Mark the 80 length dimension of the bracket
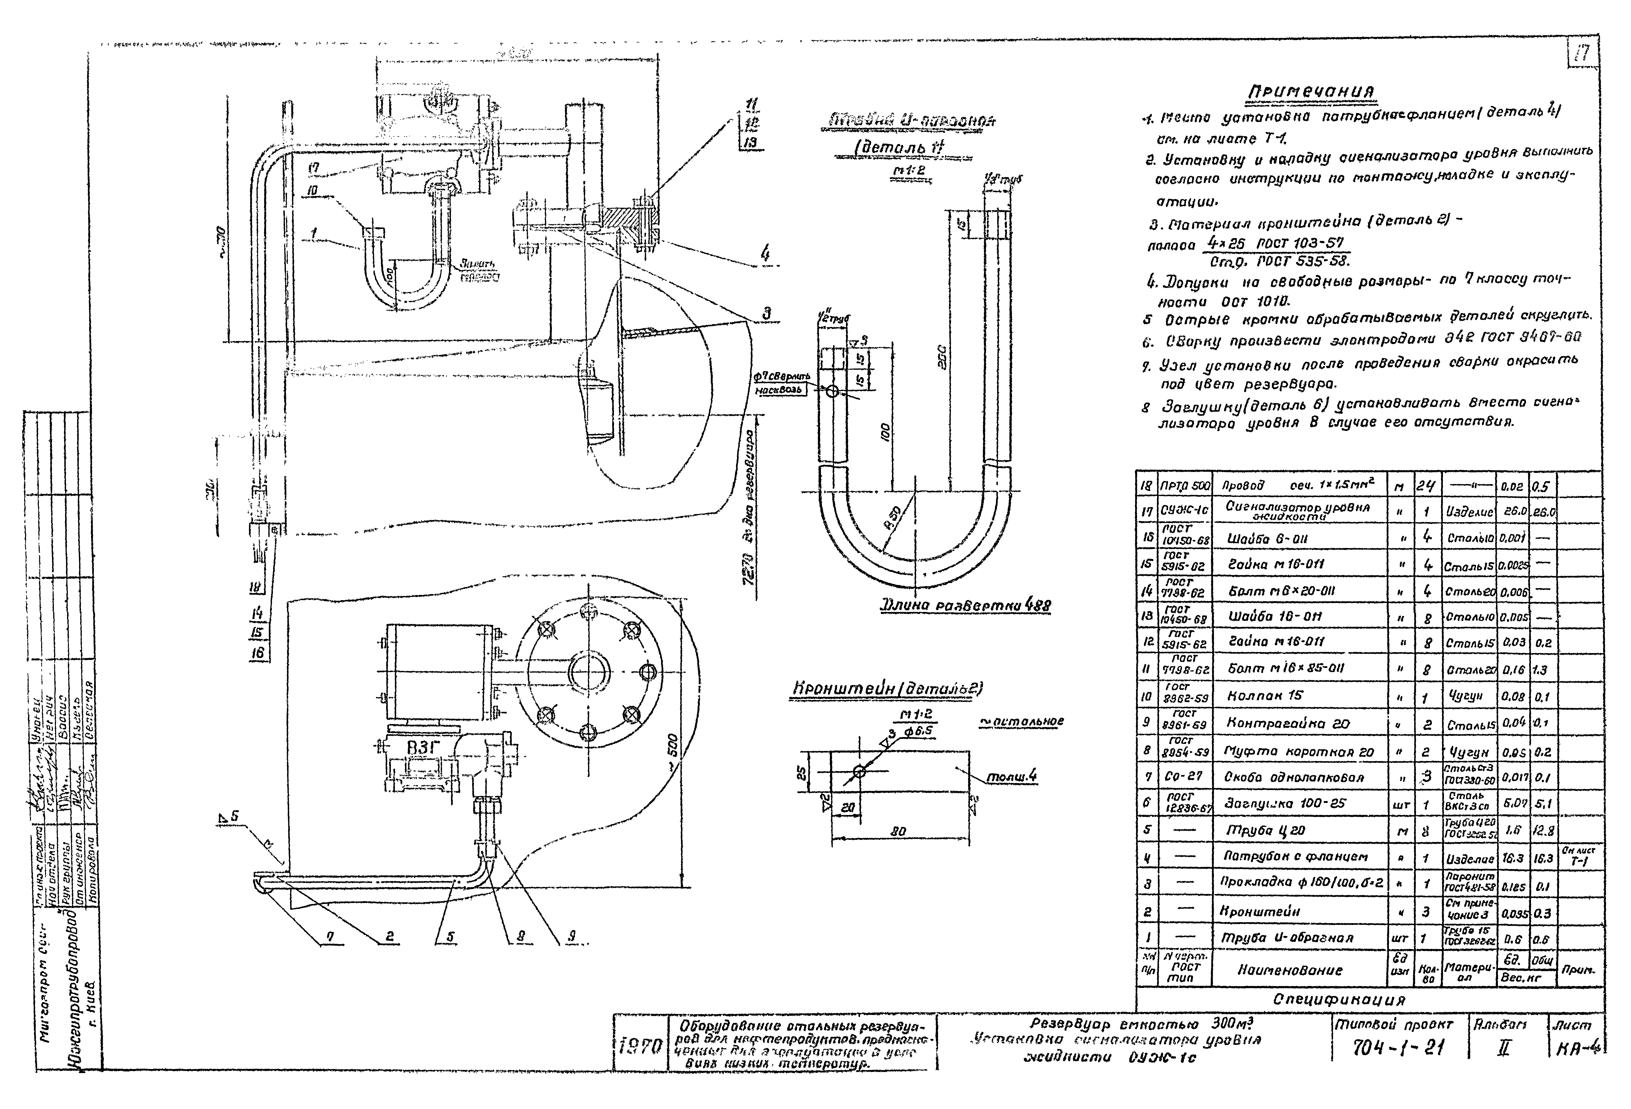[898, 831]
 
